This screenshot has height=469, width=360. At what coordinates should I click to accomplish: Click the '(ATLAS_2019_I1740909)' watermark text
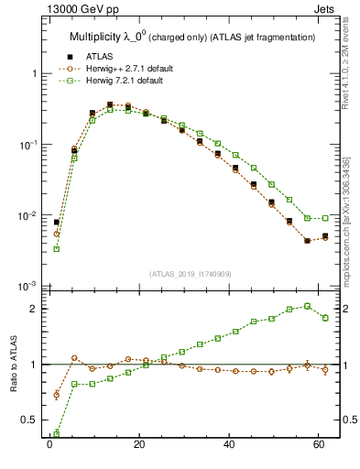pos(190,274)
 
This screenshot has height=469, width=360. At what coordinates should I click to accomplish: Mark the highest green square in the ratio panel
pos(307,306)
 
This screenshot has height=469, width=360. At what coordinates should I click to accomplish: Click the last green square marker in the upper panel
pos(325,218)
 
